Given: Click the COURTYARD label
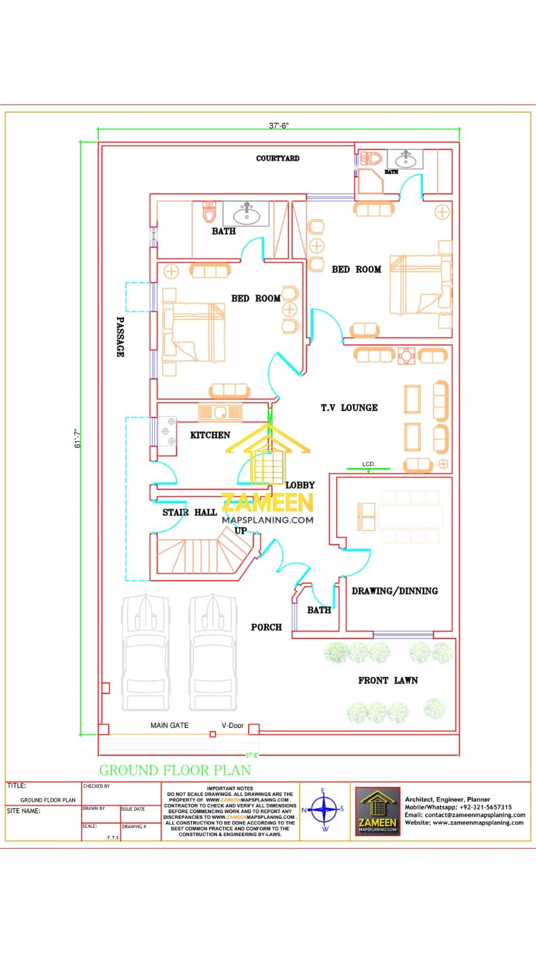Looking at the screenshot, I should [278, 158].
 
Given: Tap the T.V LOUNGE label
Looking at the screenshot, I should [349, 408].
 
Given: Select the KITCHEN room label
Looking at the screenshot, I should [210, 435].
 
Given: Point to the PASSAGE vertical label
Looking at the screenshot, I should [120, 337].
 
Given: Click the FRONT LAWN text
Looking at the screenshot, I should [388, 680].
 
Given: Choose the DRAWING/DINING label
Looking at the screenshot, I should [395, 591].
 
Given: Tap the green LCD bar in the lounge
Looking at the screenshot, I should [368, 470].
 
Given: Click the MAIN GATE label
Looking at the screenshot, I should [169, 725].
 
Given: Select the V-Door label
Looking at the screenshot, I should [233, 725].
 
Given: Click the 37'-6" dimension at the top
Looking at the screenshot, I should [278, 126].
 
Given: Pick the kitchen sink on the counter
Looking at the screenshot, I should [220, 412].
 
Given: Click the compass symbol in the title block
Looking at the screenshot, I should [324, 810].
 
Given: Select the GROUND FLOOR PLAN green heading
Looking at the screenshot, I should [175, 770].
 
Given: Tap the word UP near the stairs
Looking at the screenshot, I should [240, 531].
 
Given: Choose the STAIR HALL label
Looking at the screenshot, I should [190, 512].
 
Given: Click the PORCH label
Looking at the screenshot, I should [266, 627].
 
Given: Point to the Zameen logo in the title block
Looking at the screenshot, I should [378, 811].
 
